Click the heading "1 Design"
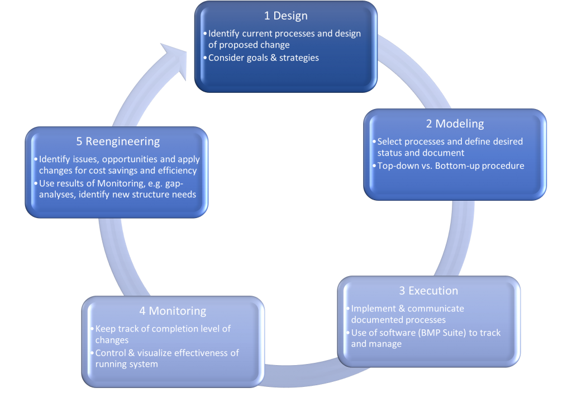click(x=286, y=16)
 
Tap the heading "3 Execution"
click(x=428, y=291)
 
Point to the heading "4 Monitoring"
click(x=173, y=311)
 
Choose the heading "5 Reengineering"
click(x=118, y=141)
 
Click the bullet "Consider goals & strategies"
click(x=263, y=58)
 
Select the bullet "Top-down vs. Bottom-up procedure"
click(x=451, y=165)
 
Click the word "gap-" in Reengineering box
click(x=187, y=183)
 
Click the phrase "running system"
click(x=127, y=364)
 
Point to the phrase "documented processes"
click(x=398, y=320)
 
